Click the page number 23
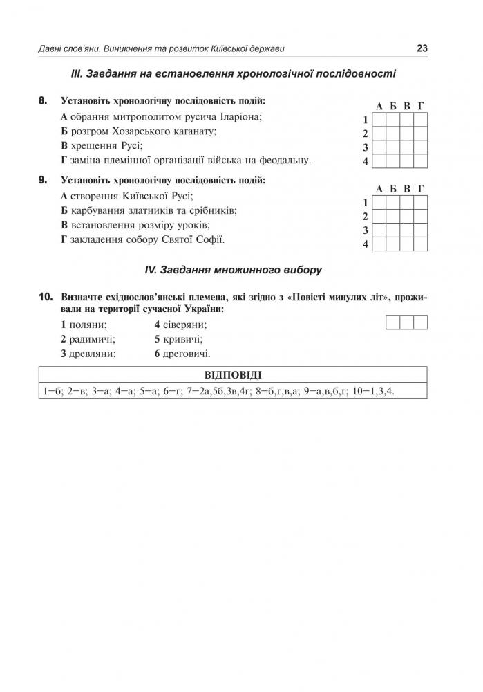[422, 48]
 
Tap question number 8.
[43, 101]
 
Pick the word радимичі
[92, 339]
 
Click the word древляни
[92, 354]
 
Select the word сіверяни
[184, 325]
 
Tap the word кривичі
[182, 339]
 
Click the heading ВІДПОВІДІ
[233, 375]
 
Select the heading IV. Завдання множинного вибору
[233, 268]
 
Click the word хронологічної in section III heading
[276, 73]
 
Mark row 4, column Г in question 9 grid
[421, 244]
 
